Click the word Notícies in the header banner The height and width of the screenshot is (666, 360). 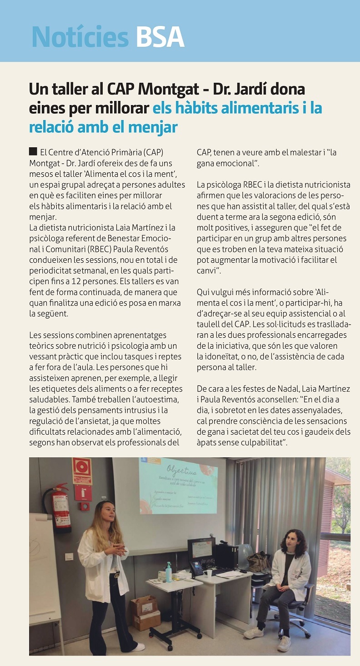(80, 36)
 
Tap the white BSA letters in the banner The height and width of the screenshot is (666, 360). (160, 36)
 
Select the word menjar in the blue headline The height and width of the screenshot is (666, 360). (156, 127)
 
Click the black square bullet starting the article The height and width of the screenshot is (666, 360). (33, 151)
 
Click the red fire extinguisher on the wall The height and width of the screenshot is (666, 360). (62, 508)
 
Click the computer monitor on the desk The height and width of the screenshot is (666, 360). (201, 549)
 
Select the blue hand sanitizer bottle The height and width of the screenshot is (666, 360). (169, 572)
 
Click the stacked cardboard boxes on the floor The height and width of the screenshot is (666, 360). (145, 612)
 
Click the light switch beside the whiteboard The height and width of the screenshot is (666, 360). (69, 556)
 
